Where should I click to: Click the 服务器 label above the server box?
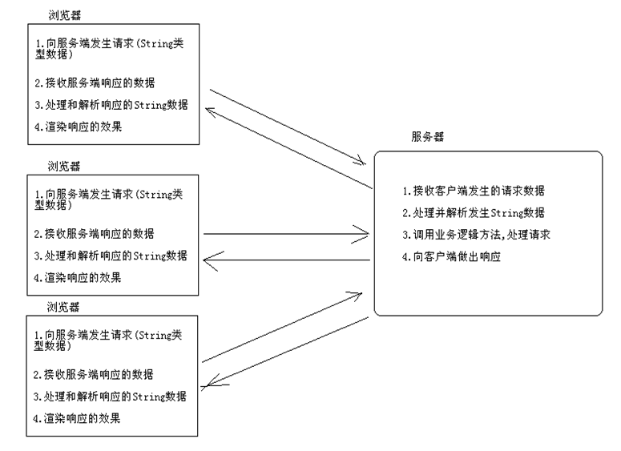click(427, 138)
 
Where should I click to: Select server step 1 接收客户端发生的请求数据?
click(476, 191)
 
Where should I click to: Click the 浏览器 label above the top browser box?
click(65, 14)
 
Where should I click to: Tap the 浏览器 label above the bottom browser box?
click(63, 307)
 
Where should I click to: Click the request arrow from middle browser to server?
click(286, 234)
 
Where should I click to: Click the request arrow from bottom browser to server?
click(286, 328)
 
